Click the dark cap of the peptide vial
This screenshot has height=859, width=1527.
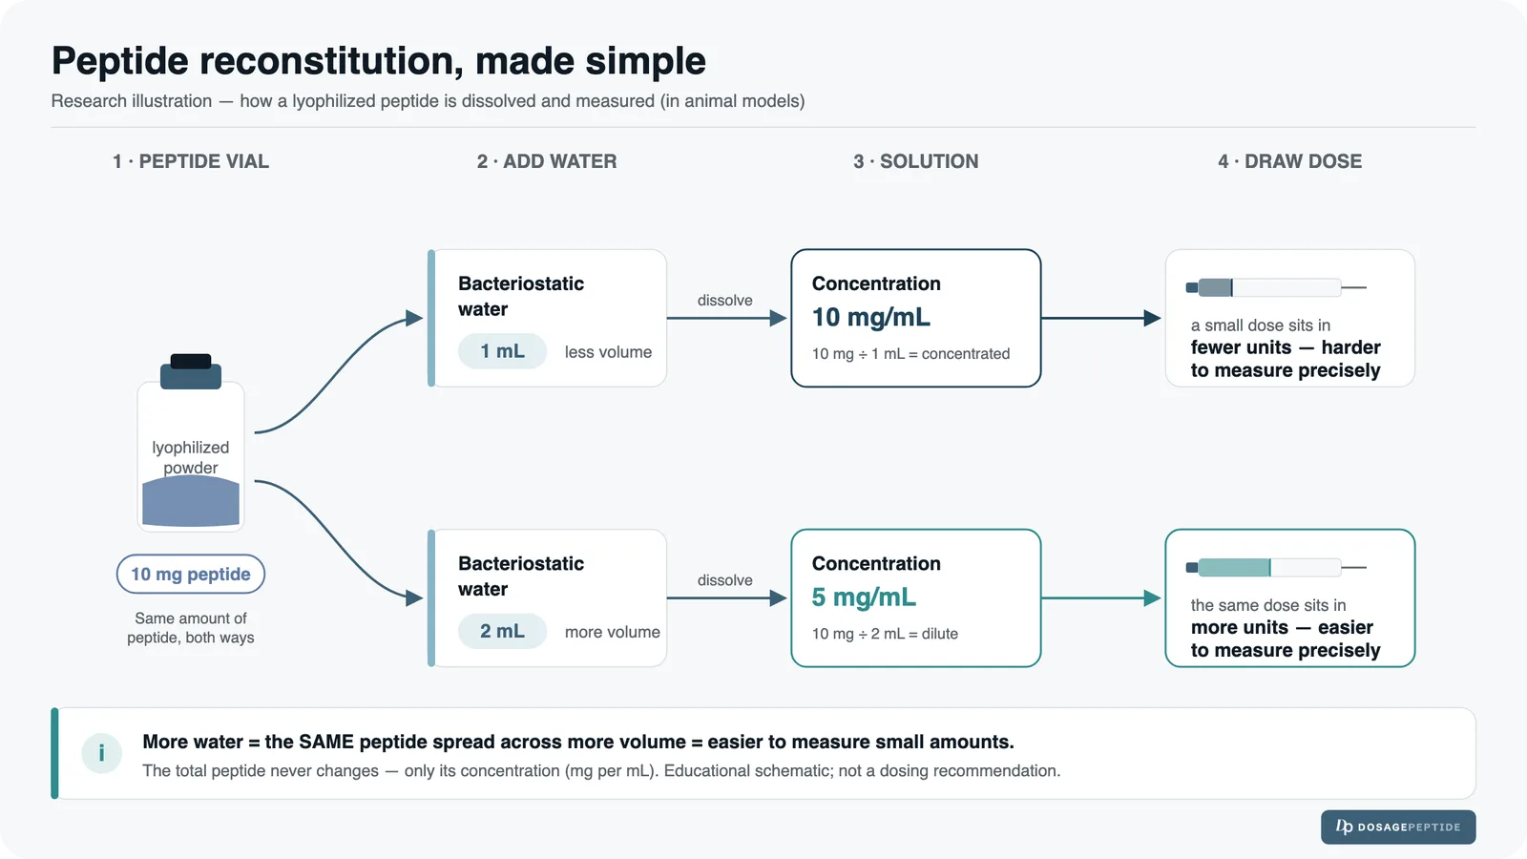coord(191,371)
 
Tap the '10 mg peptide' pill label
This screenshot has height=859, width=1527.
coord(191,574)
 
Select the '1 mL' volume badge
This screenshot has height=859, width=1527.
coord(502,351)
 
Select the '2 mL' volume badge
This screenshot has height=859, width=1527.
coord(502,631)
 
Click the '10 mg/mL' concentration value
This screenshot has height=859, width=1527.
coord(871,317)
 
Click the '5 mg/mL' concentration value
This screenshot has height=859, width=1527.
coord(864,597)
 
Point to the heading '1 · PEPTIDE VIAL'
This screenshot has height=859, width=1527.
coord(191,161)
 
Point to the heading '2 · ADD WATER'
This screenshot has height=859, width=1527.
coord(547,161)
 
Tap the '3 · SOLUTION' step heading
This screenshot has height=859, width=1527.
coord(915,161)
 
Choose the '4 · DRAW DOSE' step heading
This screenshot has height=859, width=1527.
coord(1289,161)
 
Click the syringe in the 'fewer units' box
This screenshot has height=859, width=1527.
coord(1276,287)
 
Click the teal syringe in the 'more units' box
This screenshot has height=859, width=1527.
coord(1276,567)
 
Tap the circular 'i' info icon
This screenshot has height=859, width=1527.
coord(101,753)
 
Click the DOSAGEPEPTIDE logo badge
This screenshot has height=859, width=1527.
coord(1398,827)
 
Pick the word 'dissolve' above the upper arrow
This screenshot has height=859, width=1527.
coord(724,301)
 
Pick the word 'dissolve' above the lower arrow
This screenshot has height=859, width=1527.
coord(724,580)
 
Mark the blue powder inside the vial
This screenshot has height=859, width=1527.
coord(191,501)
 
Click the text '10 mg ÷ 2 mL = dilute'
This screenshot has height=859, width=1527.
coord(885,634)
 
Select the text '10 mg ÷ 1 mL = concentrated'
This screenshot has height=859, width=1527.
coord(910,354)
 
